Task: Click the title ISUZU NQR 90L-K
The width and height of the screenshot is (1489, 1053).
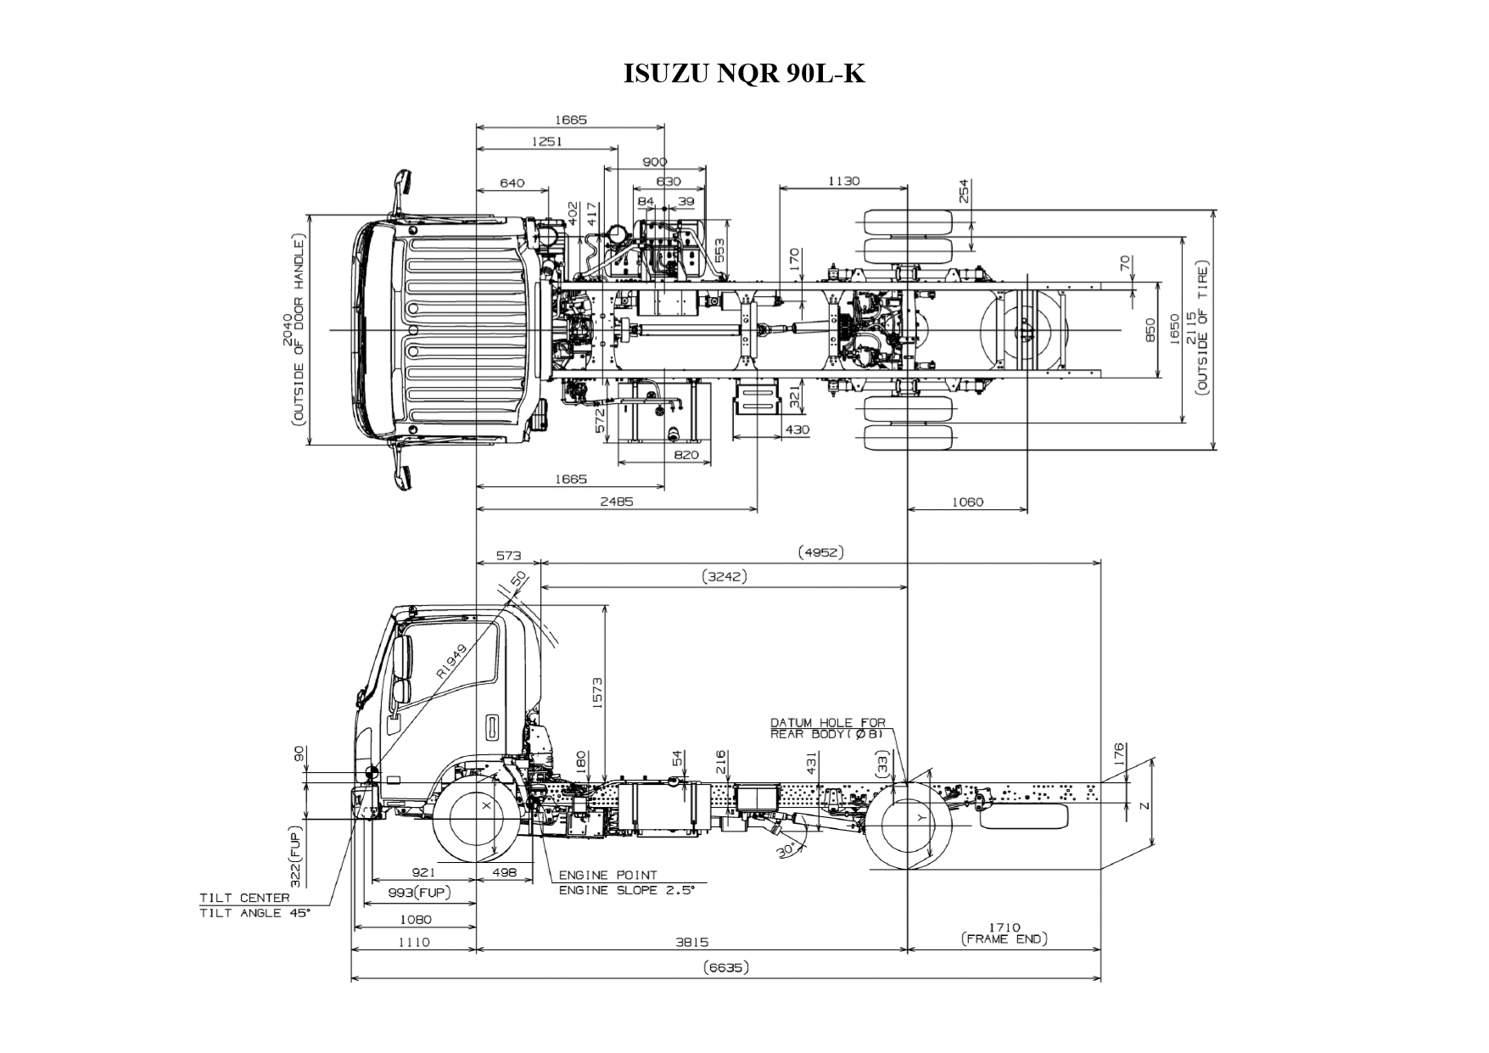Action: (744, 74)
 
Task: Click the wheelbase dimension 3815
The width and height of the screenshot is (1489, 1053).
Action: (692, 942)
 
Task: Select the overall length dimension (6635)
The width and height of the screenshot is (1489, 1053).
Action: (726, 968)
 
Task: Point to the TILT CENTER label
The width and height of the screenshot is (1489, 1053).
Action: (244, 897)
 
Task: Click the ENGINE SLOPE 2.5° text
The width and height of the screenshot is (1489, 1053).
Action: (626, 890)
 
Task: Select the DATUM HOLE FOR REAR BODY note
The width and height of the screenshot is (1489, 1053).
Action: (827, 728)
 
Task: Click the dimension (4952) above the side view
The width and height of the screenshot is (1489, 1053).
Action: (820, 552)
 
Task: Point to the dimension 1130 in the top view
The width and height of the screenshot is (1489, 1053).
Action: (843, 181)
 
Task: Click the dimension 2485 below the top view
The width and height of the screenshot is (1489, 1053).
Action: (616, 501)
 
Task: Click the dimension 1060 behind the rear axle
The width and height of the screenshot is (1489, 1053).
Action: (966, 501)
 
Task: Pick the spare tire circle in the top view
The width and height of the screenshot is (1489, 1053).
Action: (1025, 330)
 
